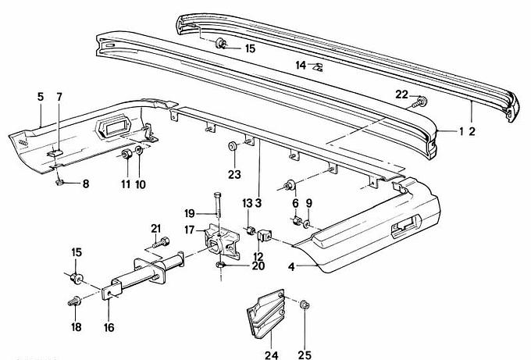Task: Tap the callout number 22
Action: [x=401, y=94]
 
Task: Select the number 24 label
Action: [x=271, y=354]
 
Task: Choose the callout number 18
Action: [x=76, y=327]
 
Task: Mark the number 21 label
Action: [x=155, y=228]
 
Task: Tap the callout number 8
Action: [x=86, y=184]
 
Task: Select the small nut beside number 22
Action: [x=422, y=102]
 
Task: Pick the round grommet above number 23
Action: [x=233, y=146]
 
